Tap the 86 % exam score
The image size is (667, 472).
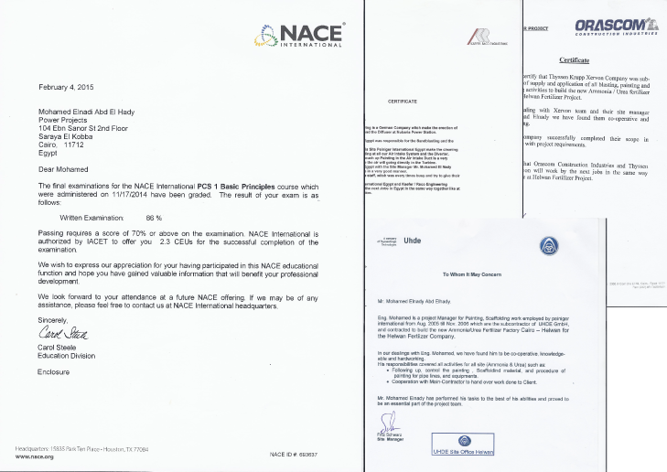click(154, 219)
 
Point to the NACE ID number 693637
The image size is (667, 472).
click(305, 454)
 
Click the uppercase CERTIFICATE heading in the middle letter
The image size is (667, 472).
click(403, 100)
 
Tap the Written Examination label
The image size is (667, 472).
click(91, 219)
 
